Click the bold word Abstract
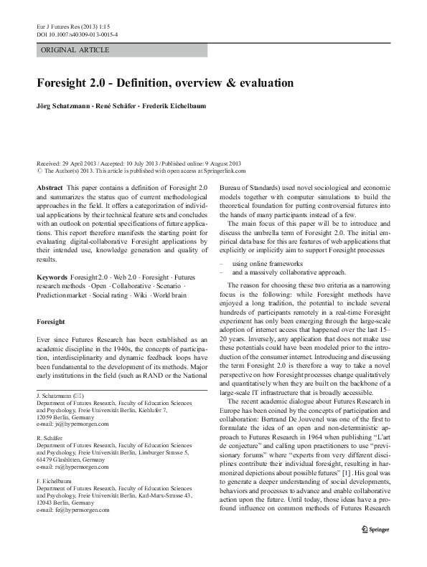[x=49, y=186]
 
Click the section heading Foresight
[x=51, y=323]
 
